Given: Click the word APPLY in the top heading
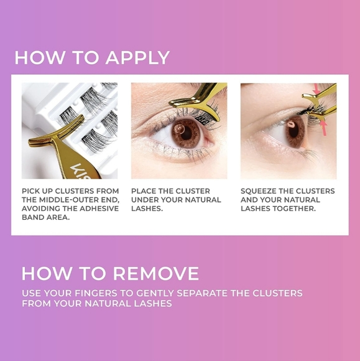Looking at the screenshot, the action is click(137, 57).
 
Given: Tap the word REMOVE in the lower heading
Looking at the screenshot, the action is click(156, 273).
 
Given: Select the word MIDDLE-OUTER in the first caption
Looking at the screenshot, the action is click(69, 200).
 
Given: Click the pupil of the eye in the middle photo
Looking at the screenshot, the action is click(187, 133).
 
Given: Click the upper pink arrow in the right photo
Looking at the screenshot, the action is click(316, 89).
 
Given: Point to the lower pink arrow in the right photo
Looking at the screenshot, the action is click(324, 128).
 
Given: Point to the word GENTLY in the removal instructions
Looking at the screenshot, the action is click(155, 293).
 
